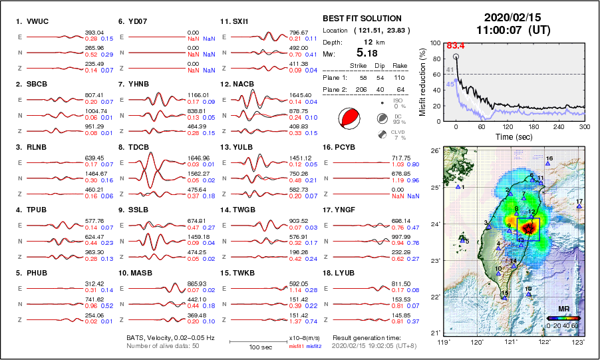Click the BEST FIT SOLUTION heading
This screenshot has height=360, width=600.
(x=362, y=19)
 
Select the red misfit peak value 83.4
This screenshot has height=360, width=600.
(x=456, y=46)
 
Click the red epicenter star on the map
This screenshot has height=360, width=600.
(x=527, y=229)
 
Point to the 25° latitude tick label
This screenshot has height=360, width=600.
(x=436, y=188)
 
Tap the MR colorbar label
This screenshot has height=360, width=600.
(x=563, y=309)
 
